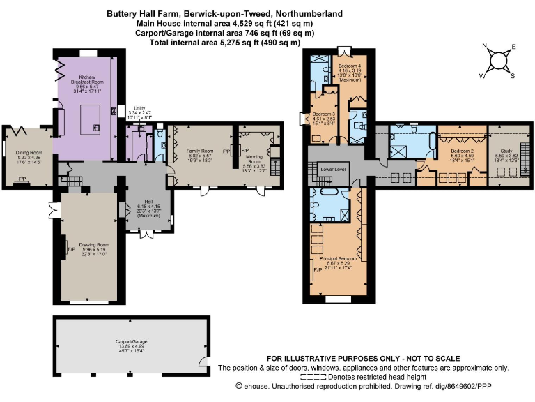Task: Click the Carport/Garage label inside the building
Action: click(x=130, y=341)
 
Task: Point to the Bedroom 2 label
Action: click(x=462, y=151)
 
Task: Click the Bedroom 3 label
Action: click(x=324, y=114)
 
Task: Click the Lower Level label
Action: click(x=332, y=169)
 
